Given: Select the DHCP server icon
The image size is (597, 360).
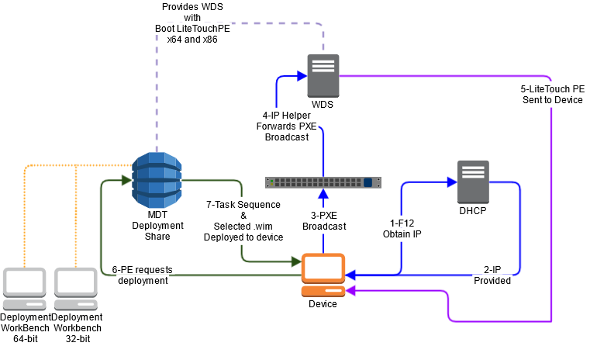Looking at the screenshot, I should (x=473, y=182).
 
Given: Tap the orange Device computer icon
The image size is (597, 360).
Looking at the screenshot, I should (x=323, y=275).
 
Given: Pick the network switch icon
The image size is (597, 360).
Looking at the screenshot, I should (x=323, y=182).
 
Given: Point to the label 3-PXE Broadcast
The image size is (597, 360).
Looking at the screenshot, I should (x=324, y=221).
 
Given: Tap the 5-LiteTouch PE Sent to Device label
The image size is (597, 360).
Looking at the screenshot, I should (x=552, y=94).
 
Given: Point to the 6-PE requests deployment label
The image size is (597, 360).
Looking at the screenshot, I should (x=141, y=275).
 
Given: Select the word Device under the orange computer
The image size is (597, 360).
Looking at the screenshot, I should (x=323, y=303).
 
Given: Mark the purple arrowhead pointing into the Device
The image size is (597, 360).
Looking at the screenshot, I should (x=350, y=290).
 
